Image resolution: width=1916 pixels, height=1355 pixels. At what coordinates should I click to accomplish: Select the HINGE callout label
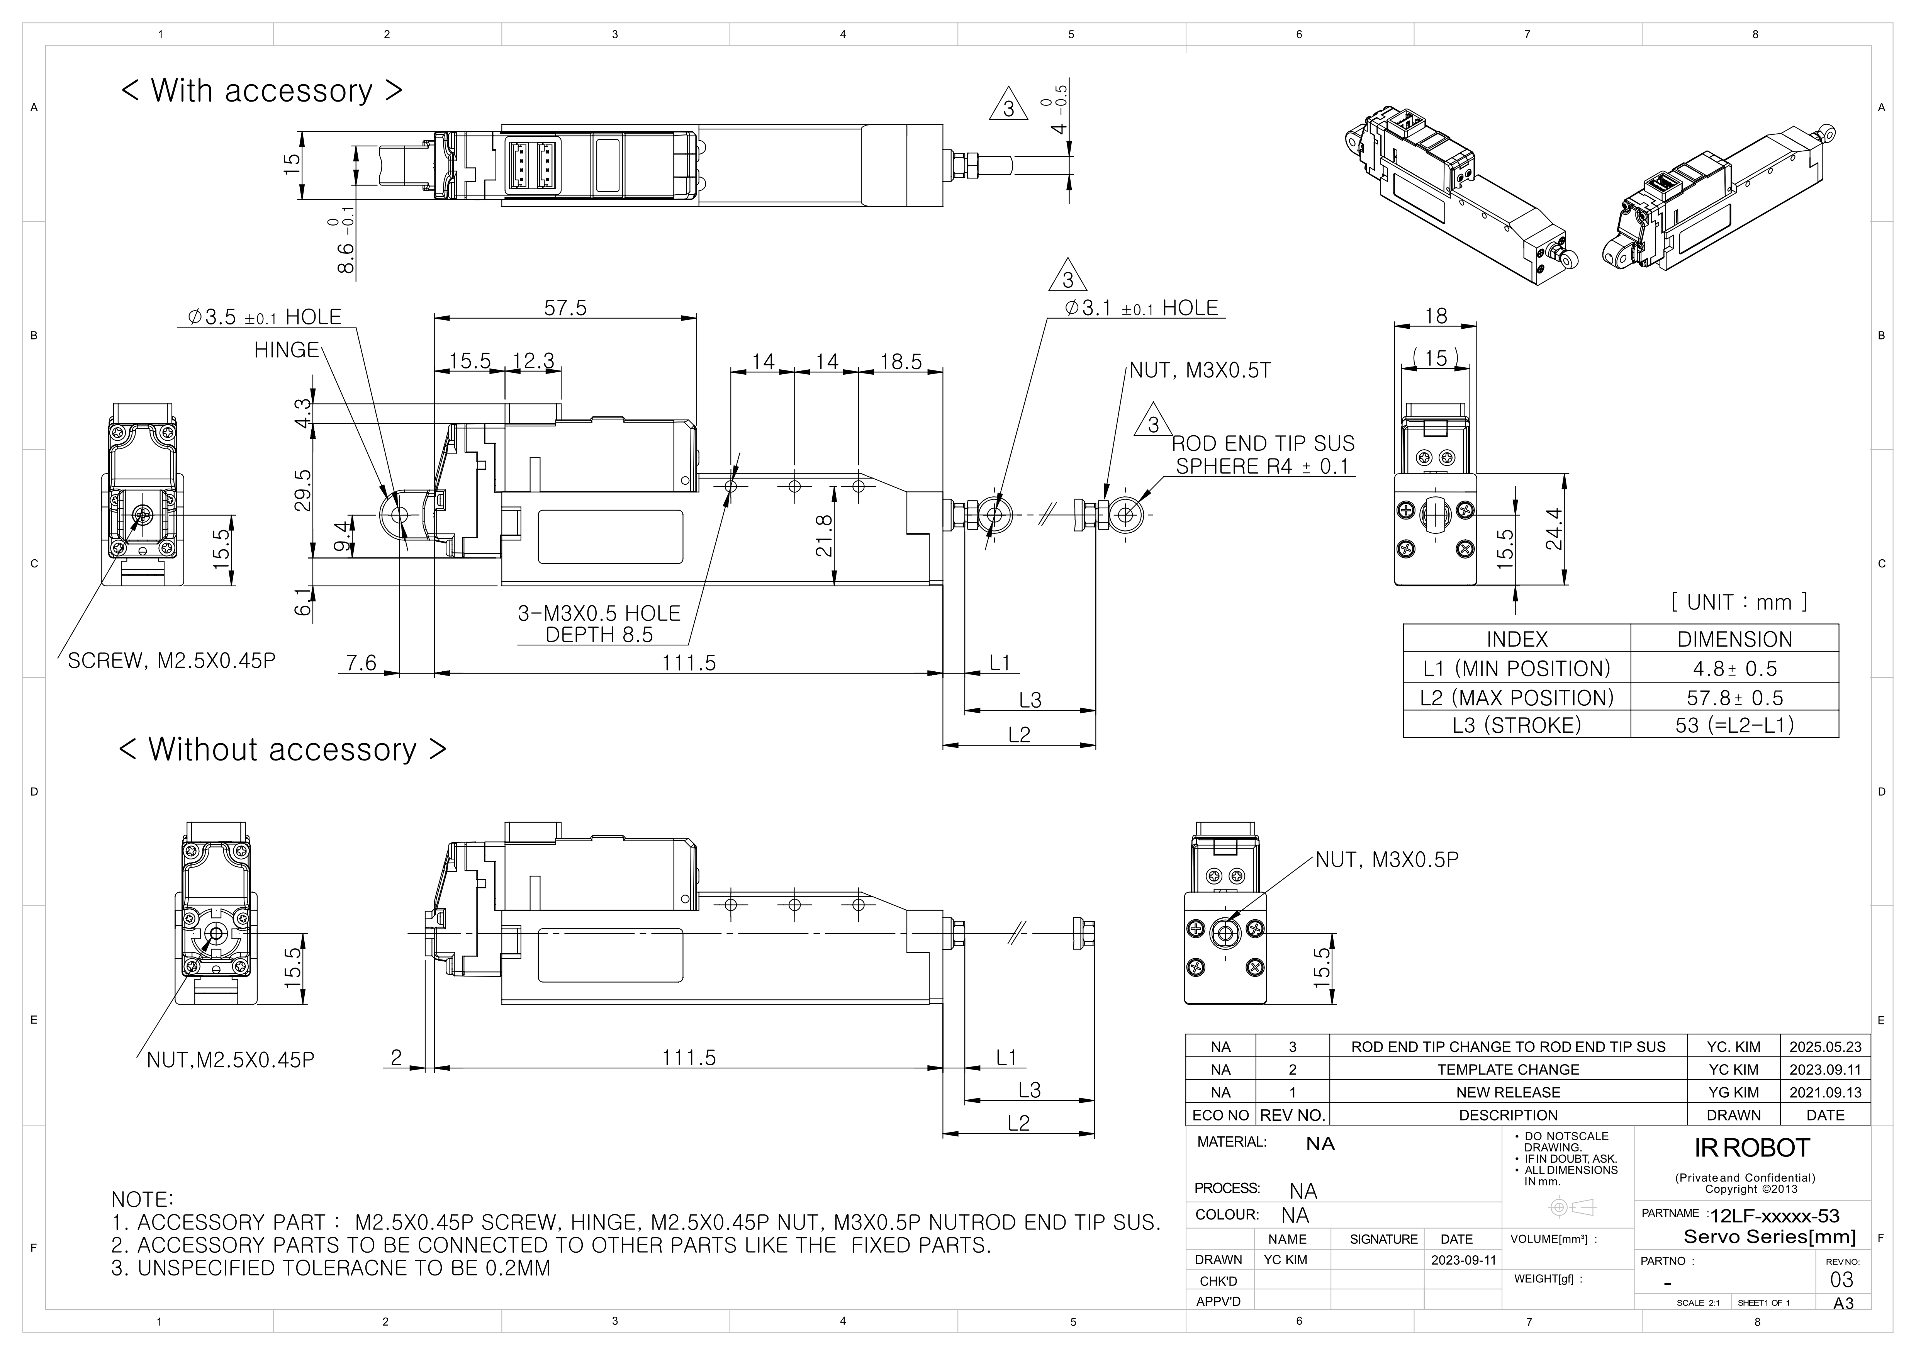pyautogui.click(x=286, y=350)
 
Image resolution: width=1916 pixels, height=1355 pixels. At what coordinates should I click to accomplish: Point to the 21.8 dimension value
pyautogui.click(x=825, y=536)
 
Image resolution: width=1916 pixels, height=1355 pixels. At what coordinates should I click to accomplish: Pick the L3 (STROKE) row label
pyautogui.click(x=1516, y=725)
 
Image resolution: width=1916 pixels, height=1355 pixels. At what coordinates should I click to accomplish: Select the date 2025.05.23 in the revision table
pyautogui.click(x=1825, y=1046)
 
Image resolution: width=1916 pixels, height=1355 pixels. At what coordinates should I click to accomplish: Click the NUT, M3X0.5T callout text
pyautogui.click(x=1200, y=370)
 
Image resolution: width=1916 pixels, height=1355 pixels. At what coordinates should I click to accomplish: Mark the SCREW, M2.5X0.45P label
pyautogui.click(x=171, y=661)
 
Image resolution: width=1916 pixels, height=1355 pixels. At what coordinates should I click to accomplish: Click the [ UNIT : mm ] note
pyautogui.click(x=1739, y=601)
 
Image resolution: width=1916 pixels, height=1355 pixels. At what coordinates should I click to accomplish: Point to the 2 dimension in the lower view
pyautogui.click(x=396, y=1057)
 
